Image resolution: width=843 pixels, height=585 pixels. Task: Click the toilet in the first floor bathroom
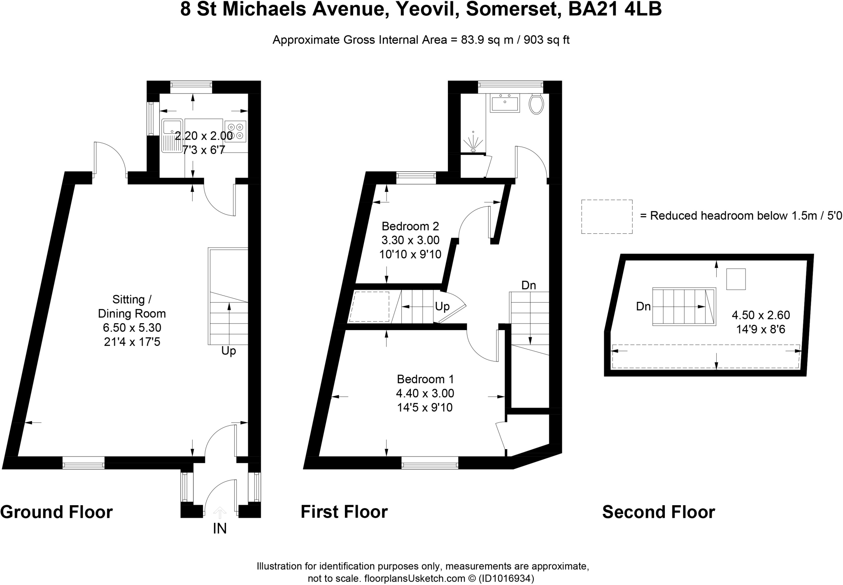click(536, 104)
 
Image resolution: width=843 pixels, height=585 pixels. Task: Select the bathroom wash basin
click(505, 103)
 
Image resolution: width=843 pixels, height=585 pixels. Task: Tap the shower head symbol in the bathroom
click(473, 142)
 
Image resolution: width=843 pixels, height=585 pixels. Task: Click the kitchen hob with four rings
click(235, 131)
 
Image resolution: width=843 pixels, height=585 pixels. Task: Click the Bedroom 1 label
click(425, 379)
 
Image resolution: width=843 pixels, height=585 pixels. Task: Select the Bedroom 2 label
click(410, 226)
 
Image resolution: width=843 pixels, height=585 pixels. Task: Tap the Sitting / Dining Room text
click(132, 306)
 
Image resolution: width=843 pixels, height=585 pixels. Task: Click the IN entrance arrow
click(220, 513)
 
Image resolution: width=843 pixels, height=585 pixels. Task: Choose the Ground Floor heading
click(56, 512)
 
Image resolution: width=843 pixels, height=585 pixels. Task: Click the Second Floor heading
click(658, 512)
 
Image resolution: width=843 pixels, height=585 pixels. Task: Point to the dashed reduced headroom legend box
click(606, 217)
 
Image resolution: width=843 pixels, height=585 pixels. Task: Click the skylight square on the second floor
click(735, 279)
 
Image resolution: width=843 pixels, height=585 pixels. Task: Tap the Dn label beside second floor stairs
click(643, 306)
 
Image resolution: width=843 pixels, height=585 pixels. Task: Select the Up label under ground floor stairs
click(228, 351)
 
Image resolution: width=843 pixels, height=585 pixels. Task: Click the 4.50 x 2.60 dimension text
click(760, 315)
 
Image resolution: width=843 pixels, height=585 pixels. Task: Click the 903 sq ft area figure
click(546, 40)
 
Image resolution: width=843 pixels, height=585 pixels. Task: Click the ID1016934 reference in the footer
click(507, 578)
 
